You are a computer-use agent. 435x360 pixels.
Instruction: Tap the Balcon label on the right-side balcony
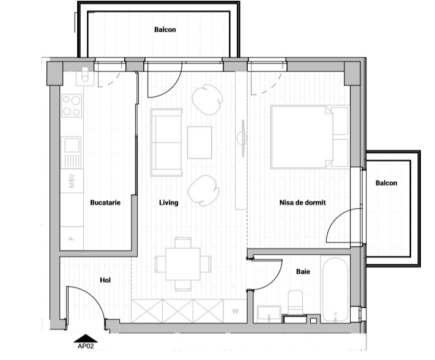click(x=386, y=183)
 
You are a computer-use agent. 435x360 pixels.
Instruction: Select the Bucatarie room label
click(x=105, y=203)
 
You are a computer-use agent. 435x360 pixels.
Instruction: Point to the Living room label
click(x=168, y=203)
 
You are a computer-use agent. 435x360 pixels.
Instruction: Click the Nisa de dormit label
click(x=302, y=203)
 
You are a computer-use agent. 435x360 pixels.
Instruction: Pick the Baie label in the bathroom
click(x=303, y=271)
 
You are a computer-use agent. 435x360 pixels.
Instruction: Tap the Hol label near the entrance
click(x=105, y=280)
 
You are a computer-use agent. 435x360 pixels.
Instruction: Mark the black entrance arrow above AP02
click(x=85, y=337)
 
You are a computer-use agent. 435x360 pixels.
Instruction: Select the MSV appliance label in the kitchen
click(x=72, y=182)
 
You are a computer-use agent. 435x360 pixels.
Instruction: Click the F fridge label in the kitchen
click(x=72, y=238)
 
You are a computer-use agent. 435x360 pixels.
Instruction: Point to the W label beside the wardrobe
click(x=235, y=310)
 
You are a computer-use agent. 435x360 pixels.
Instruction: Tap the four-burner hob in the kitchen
click(x=72, y=105)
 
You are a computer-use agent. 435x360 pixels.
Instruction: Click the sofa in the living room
click(x=166, y=141)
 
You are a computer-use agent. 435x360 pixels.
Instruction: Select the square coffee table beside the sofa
click(x=199, y=142)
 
